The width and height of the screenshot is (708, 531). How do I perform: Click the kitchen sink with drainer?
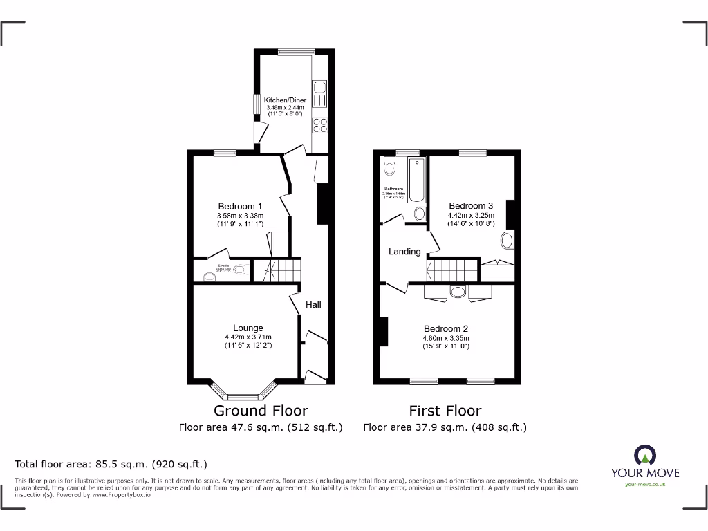pos(320,94)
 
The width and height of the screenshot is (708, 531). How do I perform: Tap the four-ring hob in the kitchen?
pos(321,125)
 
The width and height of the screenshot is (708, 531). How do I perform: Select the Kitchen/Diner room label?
pos(285,100)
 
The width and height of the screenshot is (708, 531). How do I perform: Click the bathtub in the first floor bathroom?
pos(418,179)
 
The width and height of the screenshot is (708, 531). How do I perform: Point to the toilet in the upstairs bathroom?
pos(389,167)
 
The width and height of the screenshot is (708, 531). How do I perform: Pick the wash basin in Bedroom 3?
pos(507,241)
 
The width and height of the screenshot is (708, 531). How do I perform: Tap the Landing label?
pos(404,252)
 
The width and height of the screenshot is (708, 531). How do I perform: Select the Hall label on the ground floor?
pos(313,304)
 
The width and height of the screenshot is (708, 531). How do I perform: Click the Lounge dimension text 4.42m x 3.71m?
pos(248,337)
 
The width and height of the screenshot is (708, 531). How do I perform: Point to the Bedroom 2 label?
pos(446,328)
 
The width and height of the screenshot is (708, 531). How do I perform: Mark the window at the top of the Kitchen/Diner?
pos(296,51)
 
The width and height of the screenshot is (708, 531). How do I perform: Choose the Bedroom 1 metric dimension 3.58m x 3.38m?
pos(240,216)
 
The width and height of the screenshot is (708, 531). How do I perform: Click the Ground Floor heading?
pos(261,411)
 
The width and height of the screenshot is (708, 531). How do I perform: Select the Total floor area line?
pos(111,464)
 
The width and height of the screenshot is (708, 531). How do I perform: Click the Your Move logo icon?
pos(644,455)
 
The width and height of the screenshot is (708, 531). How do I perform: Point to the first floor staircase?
pos(453,268)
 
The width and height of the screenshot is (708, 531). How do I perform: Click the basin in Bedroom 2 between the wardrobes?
pos(458,292)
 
